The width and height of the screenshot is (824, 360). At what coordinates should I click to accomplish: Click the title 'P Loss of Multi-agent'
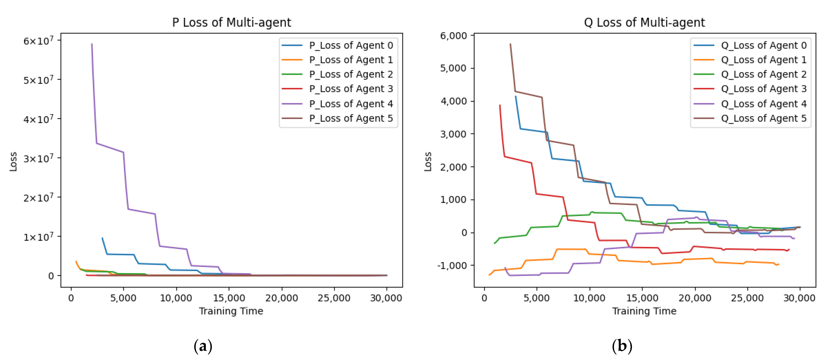[232, 22]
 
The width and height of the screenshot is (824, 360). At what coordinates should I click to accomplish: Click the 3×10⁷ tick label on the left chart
[38, 158]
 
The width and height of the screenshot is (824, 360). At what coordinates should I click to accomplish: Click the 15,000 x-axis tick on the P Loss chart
[229, 298]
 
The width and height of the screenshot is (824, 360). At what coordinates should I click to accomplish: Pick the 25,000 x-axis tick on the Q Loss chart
[747, 298]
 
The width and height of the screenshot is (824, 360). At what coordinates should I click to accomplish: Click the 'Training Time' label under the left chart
[231, 311]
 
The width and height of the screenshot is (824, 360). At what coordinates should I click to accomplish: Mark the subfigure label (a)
[203, 346]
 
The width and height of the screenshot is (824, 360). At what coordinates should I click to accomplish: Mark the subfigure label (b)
[622, 346]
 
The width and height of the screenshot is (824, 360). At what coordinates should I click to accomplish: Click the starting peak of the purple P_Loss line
[92, 44]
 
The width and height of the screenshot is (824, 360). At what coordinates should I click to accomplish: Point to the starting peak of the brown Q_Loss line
[510, 44]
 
